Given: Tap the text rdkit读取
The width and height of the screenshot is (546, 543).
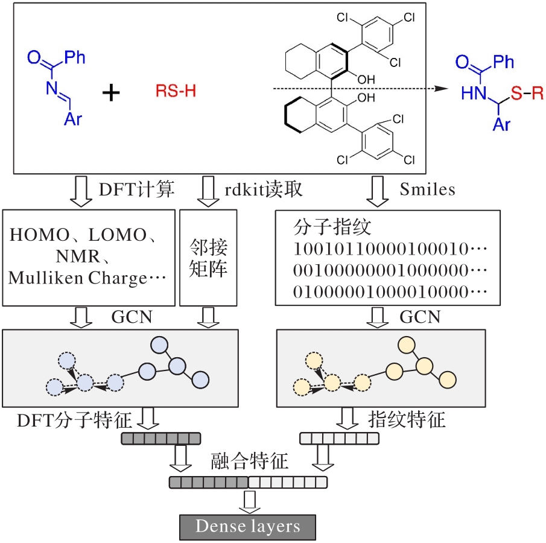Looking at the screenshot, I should tap(264, 190).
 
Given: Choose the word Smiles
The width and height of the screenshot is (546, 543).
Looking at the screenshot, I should tap(428, 190).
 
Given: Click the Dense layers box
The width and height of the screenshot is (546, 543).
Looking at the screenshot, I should tap(247, 527).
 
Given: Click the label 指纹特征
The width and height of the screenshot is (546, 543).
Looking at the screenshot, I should tap(406, 418).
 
